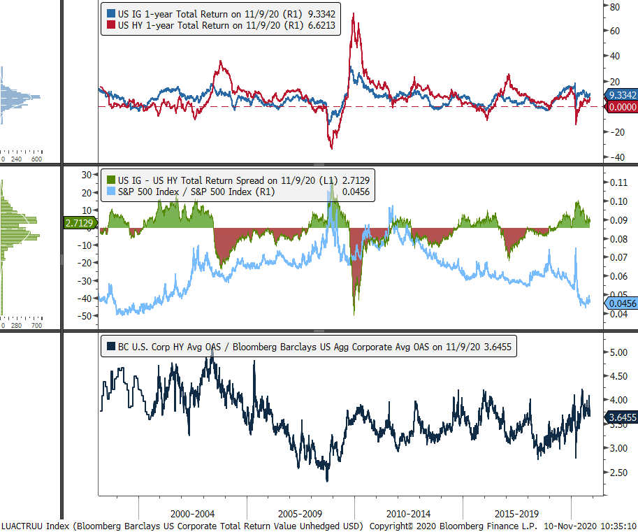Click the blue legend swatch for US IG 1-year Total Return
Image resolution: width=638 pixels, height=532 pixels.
coord(110,13)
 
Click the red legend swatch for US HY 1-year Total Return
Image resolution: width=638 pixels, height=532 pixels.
coord(110,26)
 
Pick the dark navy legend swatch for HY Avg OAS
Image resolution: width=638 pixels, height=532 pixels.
coord(110,346)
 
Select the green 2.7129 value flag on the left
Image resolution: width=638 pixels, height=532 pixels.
coord(79,223)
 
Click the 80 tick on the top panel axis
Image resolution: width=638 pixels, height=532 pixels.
coord(616,8)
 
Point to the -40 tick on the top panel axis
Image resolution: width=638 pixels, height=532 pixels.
coord(615,157)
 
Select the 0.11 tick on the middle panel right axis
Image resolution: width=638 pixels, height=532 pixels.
coord(618,182)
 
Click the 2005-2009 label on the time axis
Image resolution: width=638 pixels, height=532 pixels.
coord(300,512)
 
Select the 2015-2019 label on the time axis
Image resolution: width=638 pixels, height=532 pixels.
coord(516,512)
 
